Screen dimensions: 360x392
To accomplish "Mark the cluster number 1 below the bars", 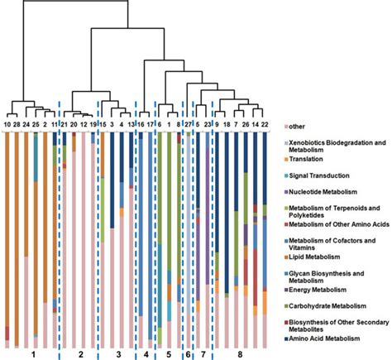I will pyautogui.click(x=32, y=353).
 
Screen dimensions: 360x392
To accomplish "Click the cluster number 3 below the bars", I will pyautogui.click(x=117, y=353).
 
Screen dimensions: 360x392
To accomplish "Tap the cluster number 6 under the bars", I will pyautogui.click(x=187, y=353).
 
